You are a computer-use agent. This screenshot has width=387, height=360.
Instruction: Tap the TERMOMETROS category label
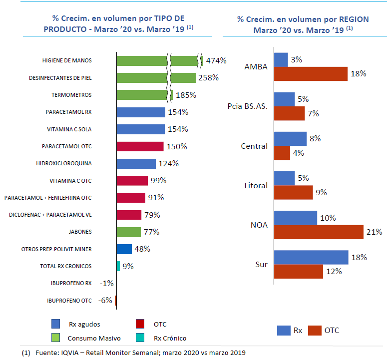[x=71, y=95]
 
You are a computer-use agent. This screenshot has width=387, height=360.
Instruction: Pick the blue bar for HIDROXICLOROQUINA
[x=136, y=164]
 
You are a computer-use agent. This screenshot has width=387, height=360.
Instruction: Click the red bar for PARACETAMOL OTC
[x=140, y=146]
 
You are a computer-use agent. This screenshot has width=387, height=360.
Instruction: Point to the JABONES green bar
[x=128, y=232]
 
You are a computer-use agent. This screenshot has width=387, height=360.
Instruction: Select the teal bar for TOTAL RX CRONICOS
[x=118, y=266]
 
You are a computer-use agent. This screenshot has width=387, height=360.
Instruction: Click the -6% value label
[x=106, y=301]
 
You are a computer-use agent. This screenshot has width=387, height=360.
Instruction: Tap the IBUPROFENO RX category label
[x=71, y=283]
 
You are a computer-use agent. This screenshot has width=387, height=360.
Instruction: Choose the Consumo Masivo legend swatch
[x=56, y=338]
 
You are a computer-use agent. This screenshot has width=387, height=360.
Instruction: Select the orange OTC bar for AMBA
[x=311, y=74]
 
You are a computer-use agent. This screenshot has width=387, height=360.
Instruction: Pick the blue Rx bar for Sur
[x=311, y=257]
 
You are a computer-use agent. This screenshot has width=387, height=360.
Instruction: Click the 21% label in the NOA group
[x=375, y=232]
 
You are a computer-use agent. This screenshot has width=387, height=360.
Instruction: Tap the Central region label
[x=254, y=146]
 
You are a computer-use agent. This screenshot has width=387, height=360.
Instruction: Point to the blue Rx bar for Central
[x=290, y=139]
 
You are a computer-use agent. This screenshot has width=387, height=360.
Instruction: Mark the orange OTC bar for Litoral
[x=293, y=192]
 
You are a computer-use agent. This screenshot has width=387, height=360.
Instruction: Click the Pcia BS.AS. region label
[x=247, y=107]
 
